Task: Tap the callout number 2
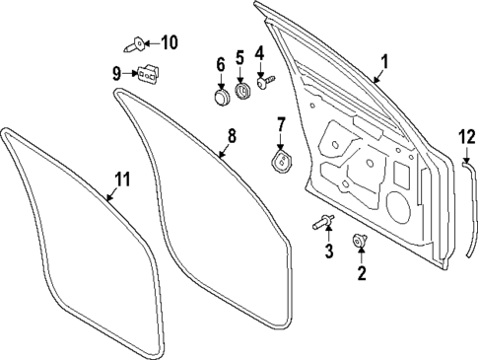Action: pyautogui.click(x=362, y=272)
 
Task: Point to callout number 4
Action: pyautogui.click(x=259, y=53)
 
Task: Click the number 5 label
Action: pyautogui.click(x=239, y=59)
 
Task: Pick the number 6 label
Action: pyautogui.click(x=220, y=66)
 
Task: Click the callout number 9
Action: pyautogui.click(x=116, y=72)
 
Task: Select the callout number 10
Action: pyautogui.click(x=170, y=42)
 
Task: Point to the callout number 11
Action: pyautogui.click(x=120, y=180)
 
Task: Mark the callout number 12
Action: pyautogui.click(x=466, y=136)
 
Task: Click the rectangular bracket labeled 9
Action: pyautogui.click(x=148, y=74)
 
